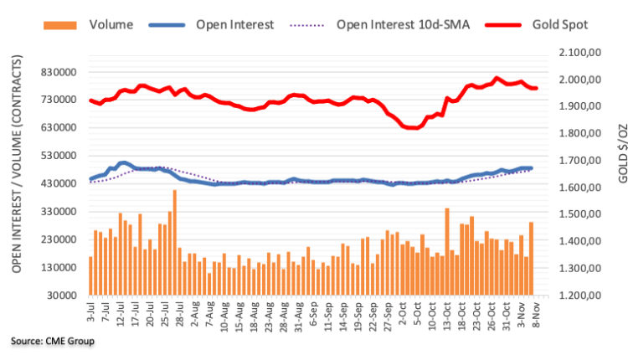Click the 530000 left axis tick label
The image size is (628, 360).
click(64, 156)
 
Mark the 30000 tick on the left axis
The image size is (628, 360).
click(67, 296)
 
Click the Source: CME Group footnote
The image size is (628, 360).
click(52, 342)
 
